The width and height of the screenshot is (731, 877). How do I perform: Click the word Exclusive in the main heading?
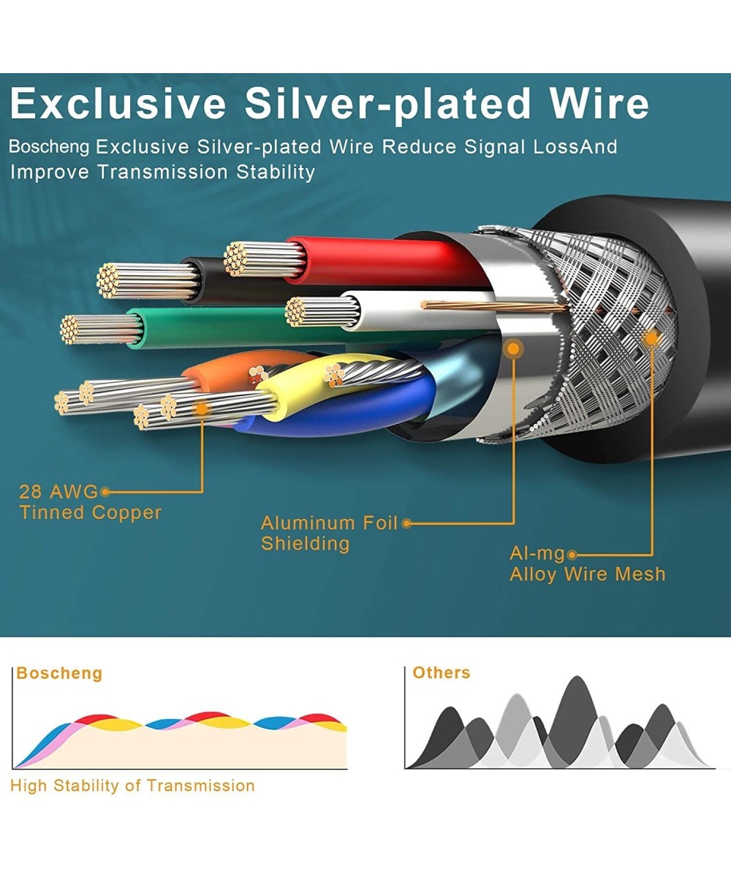pos(118,104)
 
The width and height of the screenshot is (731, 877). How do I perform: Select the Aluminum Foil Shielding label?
pos(329,533)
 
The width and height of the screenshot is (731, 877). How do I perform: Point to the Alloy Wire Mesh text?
pos(588,574)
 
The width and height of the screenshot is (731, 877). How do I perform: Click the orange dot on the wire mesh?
pos(651,338)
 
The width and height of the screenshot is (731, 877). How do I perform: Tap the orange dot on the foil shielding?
pos(514,349)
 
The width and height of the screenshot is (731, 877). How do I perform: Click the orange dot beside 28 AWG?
pos(105,492)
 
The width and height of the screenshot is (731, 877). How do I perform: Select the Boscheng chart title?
pos(59,673)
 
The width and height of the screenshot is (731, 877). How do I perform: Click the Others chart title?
pos(441,672)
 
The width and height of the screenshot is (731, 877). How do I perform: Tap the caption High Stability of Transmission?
pos(132,786)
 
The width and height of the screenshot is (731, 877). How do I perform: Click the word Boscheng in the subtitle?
pos(49,147)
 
